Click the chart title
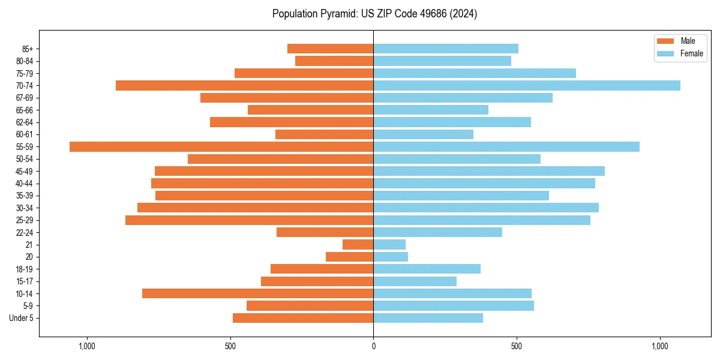(374, 14)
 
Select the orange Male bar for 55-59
(221, 147)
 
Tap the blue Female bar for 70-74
(527, 86)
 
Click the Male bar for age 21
(358, 245)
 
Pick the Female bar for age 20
(391, 257)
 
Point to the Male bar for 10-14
(258, 293)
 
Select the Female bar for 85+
(446, 49)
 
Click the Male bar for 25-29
(250, 220)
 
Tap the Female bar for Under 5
(428, 318)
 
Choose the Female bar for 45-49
(489, 172)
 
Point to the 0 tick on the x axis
(373, 346)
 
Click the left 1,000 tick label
(88, 346)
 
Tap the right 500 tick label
(516, 346)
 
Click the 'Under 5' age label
(21, 318)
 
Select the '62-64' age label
(25, 122)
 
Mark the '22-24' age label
(25, 233)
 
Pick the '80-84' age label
(25, 61)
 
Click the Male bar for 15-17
(317, 281)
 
